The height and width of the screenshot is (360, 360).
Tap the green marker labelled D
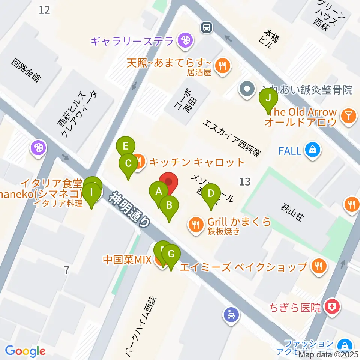[211, 194]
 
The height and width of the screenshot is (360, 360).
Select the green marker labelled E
[126, 146]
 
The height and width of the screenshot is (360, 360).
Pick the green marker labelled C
[128, 163]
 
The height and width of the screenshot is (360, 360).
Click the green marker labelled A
[159, 192]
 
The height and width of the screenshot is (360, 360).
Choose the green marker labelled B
[169, 205]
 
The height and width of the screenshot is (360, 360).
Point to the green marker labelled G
[171, 254]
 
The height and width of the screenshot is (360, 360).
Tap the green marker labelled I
[91, 193]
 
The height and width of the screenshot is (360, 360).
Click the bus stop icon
[207, 27]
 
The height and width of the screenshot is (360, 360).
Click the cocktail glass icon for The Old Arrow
[349, 116]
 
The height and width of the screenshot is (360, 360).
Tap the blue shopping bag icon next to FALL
[312, 151]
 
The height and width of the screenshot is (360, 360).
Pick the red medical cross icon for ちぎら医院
[332, 307]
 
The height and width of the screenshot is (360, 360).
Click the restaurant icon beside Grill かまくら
[195, 225]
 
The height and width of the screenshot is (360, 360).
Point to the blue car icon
[231, 314]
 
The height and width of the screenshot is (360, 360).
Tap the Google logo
[25, 351]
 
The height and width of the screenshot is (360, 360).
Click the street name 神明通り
[129, 210]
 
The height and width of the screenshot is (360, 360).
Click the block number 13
[244, 182]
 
